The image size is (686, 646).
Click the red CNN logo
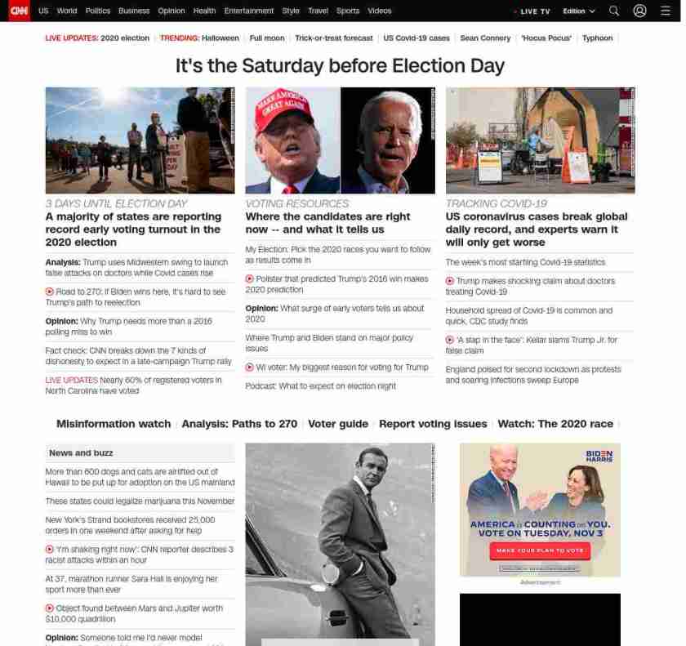pyautogui.click(x=18, y=11)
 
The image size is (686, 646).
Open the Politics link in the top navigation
pyautogui.click(x=97, y=11)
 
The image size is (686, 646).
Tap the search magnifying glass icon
pyautogui.click(x=614, y=11)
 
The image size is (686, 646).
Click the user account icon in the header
pyautogui.click(x=639, y=11)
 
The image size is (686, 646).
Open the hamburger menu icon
pyautogui.click(x=665, y=11)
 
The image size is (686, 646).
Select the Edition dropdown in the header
pyautogui.click(x=578, y=11)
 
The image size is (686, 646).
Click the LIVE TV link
pyautogui.click(x=534, y=11)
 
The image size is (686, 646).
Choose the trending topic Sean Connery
pyautogui.click(x=485, y=38)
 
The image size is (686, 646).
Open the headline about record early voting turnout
pyautogui.click(x=133, y=229)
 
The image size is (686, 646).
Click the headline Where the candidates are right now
pyautogui.click(x=327, y=223)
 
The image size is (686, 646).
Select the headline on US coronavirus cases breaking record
pyautogui.click(x=537, y=229)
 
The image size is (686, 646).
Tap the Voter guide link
pyautogui.click(x=338, y=424)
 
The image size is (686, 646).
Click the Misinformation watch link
pyautogui.click(x=114, y=424)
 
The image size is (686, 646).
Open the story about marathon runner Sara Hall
pyautogui.click(x=131, y=584)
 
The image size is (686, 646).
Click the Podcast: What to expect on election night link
pyautogui.click(x=320, y=386)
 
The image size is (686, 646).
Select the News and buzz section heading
pyautogui.click(x=81, y=453)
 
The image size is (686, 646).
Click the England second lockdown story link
pyautogui.click(x=533, y=375)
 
